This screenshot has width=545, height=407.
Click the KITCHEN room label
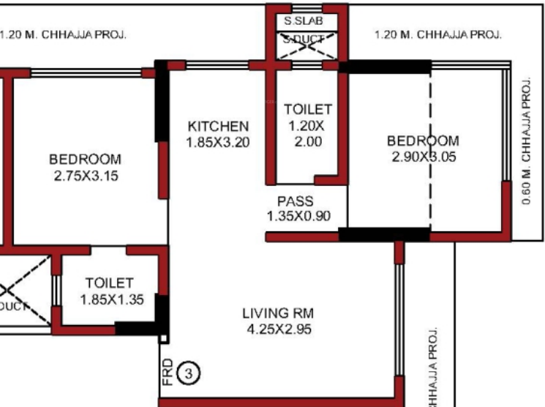218,127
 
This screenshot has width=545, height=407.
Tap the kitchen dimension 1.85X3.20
218,142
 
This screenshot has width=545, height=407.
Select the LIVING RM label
277,314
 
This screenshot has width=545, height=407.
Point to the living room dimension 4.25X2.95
277,329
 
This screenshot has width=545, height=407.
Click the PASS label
295,201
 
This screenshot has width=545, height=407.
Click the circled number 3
189,374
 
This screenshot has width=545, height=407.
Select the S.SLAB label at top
304,21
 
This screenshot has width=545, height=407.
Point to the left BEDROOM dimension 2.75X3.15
85,176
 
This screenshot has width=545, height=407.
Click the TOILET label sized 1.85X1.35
109,283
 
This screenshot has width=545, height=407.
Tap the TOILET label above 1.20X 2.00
308,110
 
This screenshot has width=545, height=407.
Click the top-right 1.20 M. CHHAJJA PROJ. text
437,34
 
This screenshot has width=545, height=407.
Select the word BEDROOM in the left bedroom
85,160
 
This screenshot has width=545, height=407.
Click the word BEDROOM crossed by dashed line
423,141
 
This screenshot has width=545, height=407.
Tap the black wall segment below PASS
383,235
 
